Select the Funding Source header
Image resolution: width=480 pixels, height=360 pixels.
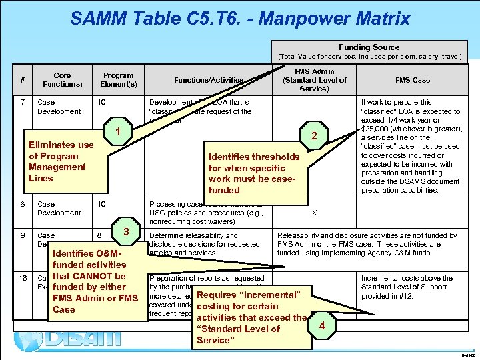coord(369,47)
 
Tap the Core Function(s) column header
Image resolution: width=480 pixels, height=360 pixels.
coord(62,80)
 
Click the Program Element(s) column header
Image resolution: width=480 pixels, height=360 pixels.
coord(118,80)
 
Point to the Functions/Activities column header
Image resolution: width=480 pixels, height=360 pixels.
coord(209,80)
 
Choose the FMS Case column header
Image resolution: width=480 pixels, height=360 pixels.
coord(413,80)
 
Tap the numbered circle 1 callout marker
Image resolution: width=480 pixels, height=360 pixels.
coord(117,132)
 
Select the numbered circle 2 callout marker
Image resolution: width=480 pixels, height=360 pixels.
coord(313,137)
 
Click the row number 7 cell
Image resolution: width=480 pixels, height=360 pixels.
coord(24,103)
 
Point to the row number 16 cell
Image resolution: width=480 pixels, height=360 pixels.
coord(24,278)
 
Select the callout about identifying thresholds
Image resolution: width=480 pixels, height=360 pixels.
coord(254,173)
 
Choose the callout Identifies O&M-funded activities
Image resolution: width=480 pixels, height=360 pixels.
coord(95,281)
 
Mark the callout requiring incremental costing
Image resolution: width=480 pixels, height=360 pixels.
coord(252,317)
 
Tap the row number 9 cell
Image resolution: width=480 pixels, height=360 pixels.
coord(24,235)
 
